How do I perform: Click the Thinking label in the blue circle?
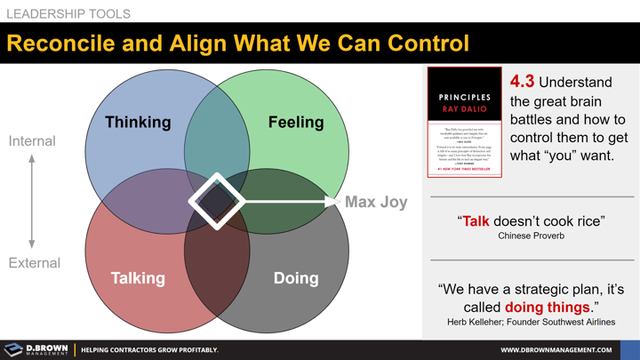[138, 122]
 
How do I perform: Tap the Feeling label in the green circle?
[296, 122]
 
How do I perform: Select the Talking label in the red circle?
[138, 278]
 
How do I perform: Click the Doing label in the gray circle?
[296, 278]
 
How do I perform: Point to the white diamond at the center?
[217, 202]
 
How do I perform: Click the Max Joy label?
[376, 202]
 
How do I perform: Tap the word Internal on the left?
[32, 141]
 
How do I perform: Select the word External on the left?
[34, 263]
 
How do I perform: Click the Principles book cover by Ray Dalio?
[465, 122]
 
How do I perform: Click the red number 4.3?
[523, 83]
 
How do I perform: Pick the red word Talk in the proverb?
[476, 220]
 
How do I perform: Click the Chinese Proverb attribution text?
[531, 236]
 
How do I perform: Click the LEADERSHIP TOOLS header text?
[68, 14]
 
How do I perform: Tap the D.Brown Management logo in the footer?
[36, 349]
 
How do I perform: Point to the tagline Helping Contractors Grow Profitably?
[149, 350]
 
